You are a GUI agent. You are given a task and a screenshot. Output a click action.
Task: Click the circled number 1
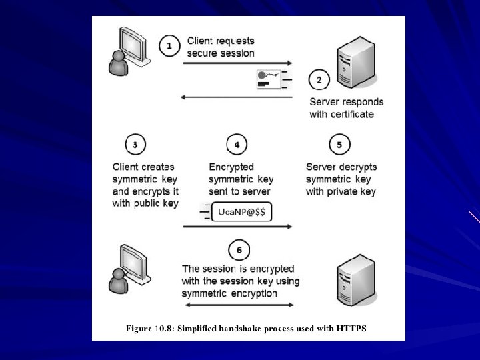(x=170, y=45)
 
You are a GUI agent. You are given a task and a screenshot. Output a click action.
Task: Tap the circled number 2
(x=319, y=80)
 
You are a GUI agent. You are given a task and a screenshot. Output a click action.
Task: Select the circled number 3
(x=135, y=145)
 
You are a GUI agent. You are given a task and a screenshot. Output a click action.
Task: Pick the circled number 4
(x=237, y=145)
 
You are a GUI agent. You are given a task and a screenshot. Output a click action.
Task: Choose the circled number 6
(x=239, y=251)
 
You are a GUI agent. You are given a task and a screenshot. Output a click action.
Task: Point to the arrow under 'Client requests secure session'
(x=237, y=63)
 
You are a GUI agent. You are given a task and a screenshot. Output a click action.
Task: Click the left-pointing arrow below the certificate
(x=237, y=97)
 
